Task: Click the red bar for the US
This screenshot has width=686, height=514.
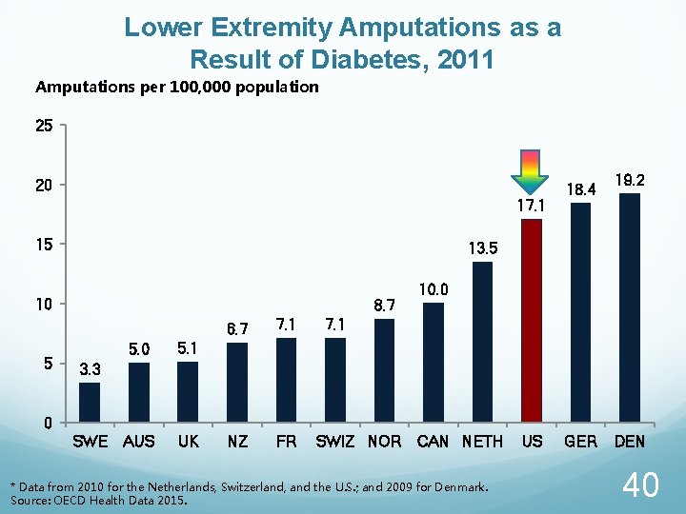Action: pyautogui.click(x=532, y=321)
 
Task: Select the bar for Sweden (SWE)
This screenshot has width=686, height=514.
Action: pyautogui.click(x=90, y=402)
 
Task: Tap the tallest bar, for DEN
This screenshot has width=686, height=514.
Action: pyautogui.click(x=630, y=307)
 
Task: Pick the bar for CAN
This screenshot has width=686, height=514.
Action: pyautogui.click(x=434, y=363)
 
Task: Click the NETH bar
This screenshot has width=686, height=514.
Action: pyautogui.click(x=482, y=342)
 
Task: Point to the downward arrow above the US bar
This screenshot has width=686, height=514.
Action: pyautogui.click(x=531, y=172)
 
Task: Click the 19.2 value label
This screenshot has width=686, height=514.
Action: pyautogui.click(x=630, y=179)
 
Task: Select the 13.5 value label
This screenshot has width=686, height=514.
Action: pyautogui.click(x=483, y=248)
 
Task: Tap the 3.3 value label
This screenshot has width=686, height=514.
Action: pyautogui.click(x=90, y=368)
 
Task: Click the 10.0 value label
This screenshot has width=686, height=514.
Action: pyautogui.click(x=434, y=288)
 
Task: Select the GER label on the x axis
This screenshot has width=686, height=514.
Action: pyautogui.click(x=580, y=442)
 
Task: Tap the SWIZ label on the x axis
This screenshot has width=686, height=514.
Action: pyautogui.click(x=335, y=442)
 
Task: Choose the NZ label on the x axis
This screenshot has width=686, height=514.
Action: pyautogui.click(x=237, y=442)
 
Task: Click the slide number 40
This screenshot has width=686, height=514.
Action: pyautogui.click(x=639, y=485)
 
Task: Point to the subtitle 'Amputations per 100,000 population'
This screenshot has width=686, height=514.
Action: pyautogui.click(x=177, y=88)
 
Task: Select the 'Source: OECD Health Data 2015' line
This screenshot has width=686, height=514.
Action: pyautogui.click(x=99, y=500)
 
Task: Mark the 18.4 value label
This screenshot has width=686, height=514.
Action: pyautogui.click(x=580, y=189)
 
